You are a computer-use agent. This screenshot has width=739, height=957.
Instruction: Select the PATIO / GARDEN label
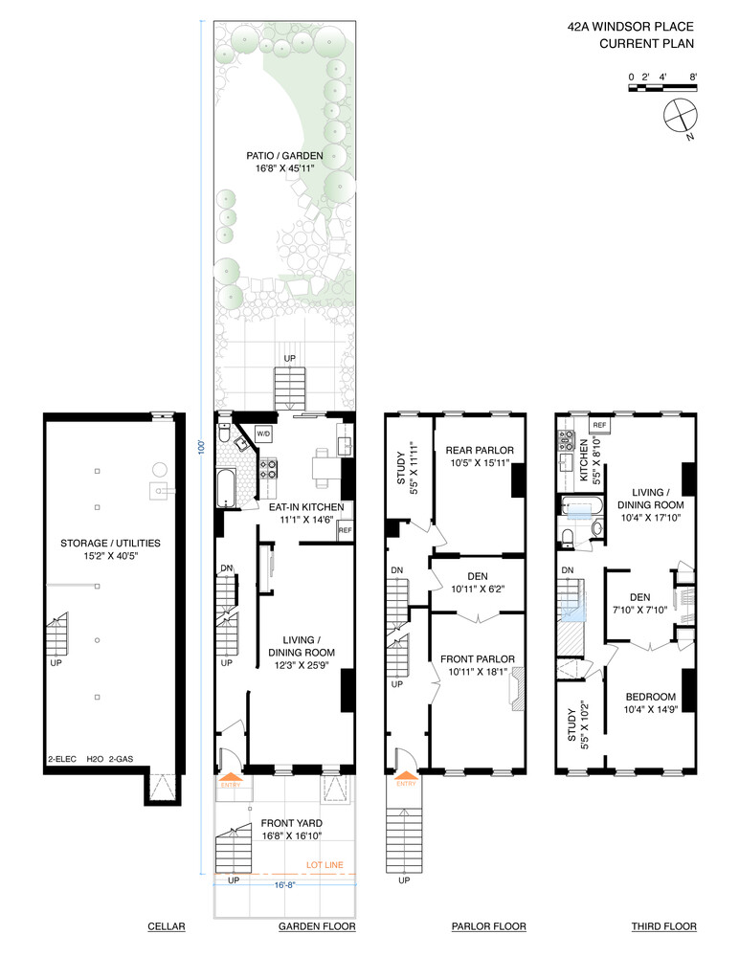[x=282, y=156]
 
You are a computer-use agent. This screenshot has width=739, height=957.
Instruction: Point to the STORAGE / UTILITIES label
[x=110, y=544]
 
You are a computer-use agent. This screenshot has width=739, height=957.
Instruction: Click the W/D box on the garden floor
[x=262, y=433]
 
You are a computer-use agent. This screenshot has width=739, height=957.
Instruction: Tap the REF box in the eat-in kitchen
[x=345, y=530]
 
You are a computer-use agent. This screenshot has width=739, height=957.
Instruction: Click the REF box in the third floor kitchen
[x=599, y=424]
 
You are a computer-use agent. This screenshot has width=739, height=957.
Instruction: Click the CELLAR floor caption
[x=166, y=926]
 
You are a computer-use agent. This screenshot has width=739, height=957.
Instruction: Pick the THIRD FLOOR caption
[x=663, y=926]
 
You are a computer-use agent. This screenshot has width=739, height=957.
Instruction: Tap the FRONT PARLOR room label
[x=477, y=658]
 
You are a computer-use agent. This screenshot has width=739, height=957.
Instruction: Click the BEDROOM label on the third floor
[x=651, y=696]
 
